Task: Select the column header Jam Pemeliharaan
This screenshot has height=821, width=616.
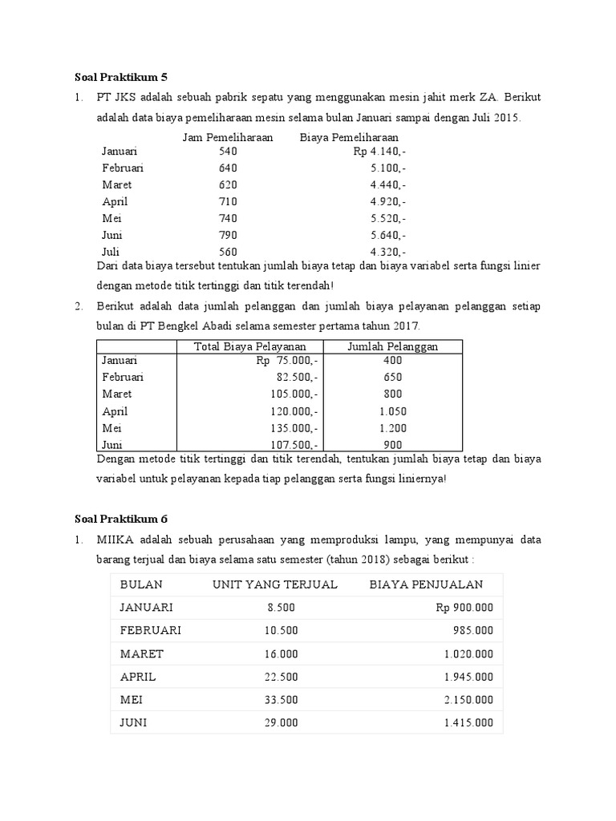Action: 228,137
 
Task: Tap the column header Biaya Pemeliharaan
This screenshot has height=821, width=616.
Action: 349,137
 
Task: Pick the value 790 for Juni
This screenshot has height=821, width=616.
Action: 228,235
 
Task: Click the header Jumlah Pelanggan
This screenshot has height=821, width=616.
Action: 392,346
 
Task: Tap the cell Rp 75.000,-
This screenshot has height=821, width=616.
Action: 287,361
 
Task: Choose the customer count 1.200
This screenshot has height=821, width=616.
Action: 393,427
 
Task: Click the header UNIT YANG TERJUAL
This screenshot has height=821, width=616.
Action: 275,584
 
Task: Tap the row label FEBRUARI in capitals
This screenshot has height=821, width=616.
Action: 151,630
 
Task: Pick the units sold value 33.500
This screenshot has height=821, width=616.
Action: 282,699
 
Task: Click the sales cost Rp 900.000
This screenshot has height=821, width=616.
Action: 464,607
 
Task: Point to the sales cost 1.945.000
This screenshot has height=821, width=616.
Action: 468,676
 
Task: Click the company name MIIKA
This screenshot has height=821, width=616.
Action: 120,541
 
